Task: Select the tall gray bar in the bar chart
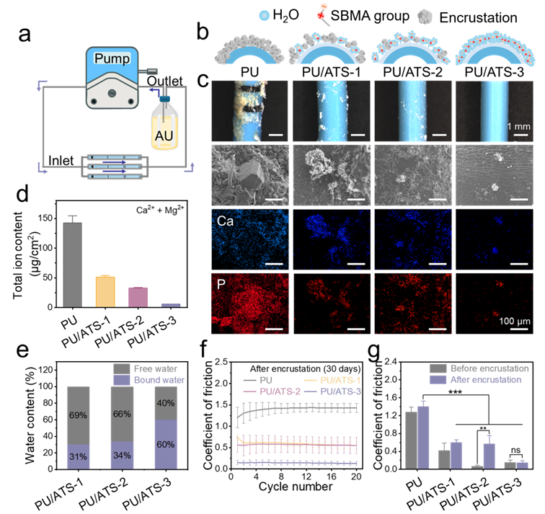click(72, 264)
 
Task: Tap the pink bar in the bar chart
click(138, 296)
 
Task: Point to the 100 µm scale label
click(513, 320)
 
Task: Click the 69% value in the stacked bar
click(79, 416)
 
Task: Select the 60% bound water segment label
click(165, 444)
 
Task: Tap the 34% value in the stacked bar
click(121, 455)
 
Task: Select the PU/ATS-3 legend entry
click(343, 391)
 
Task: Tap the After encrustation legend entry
click(484, 380)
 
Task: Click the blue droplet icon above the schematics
click(265, 14)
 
